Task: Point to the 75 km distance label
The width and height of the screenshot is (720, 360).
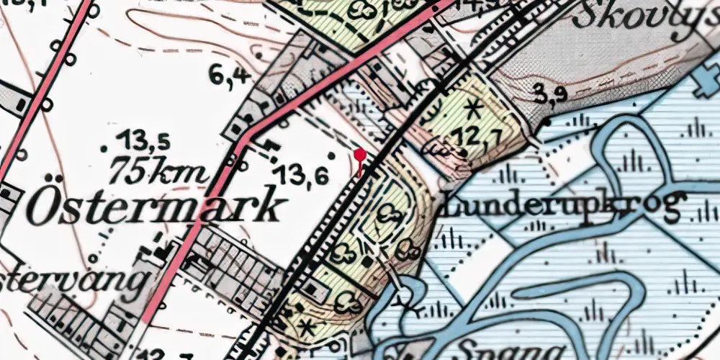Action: (x=161, y=171)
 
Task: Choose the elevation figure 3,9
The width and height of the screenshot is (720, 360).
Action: (x=551, y=94)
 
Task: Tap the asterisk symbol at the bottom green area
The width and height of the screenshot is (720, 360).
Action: (x=307, y=328)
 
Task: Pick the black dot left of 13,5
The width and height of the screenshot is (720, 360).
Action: (x=104, y=149)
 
